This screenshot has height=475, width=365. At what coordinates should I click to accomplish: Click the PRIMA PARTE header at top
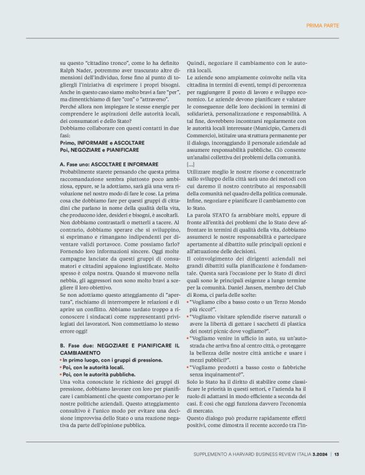(322, 25)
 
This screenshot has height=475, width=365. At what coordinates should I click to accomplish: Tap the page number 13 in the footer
(337, 455)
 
